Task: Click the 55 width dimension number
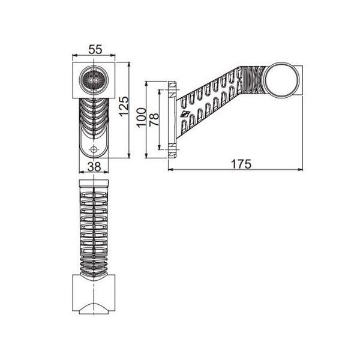(x=94, y=49)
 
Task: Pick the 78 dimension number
(x=154, y=119)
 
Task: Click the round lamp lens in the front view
(x=94, y=79)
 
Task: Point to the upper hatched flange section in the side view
(x=172, y=89)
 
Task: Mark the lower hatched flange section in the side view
(x=172, y=148)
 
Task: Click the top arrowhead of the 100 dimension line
(x=146, y=84)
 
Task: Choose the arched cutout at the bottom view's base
(x=94, y=308)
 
